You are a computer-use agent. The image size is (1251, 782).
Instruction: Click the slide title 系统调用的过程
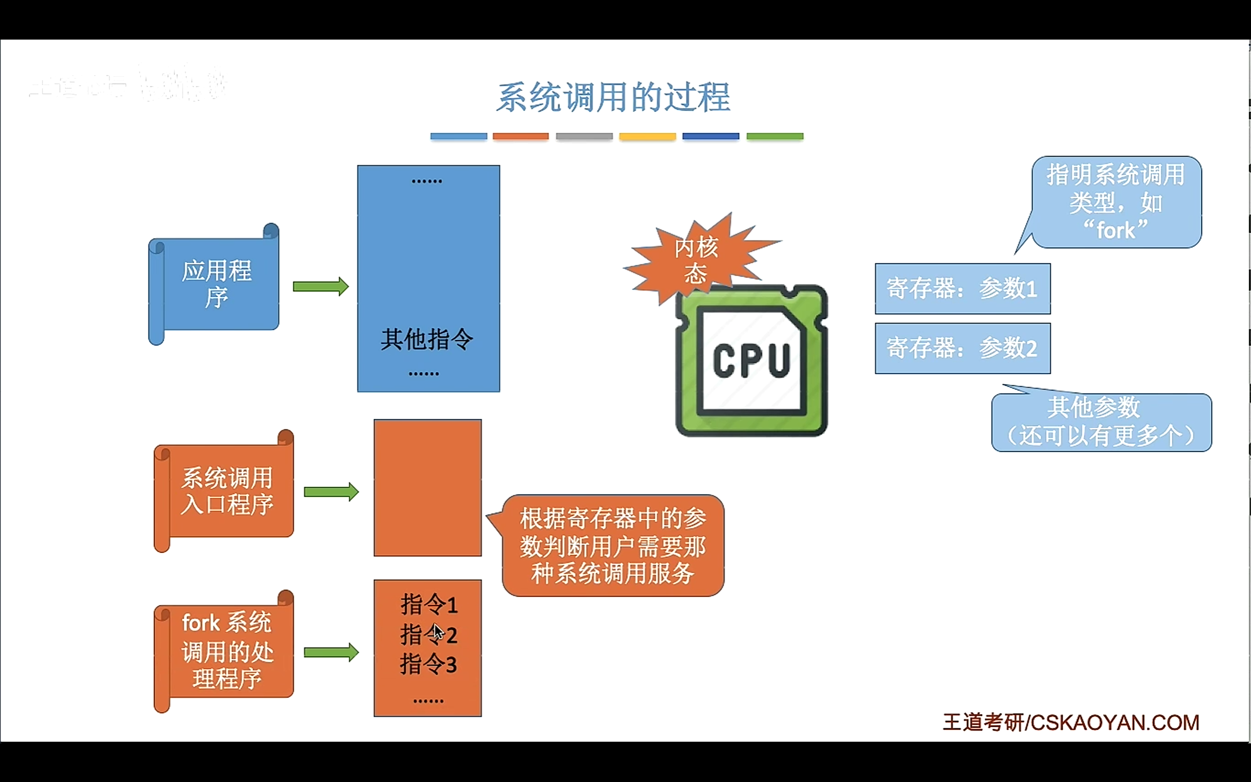click(613, 97)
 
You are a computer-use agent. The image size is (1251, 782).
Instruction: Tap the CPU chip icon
click(751, 361)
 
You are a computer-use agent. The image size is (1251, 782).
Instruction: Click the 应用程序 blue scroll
click(216, 283)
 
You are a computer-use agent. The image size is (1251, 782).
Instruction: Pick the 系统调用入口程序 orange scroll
click(226, 491)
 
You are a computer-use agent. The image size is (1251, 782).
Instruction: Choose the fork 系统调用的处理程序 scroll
click(226, 651)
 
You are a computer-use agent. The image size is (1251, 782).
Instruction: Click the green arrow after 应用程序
click(321, 286)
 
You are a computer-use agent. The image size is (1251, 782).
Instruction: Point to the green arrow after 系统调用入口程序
click(331, 491)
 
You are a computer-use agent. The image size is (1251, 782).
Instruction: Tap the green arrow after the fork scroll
click(331, 652)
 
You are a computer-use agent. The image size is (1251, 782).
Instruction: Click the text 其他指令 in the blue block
click(427, 340)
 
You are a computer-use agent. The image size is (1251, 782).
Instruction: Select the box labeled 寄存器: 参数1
click(962, 288)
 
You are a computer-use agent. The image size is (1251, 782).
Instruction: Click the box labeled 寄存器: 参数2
click(962, 348)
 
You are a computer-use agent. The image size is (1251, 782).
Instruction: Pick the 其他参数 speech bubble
click(1100, 422)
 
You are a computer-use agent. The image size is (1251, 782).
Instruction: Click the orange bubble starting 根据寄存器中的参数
click(613, 545)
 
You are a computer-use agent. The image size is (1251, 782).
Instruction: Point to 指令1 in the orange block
click(429, 605)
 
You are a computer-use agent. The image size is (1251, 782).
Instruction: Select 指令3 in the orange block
click(429, 665)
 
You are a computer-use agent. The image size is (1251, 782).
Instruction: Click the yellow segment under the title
click(647, 136)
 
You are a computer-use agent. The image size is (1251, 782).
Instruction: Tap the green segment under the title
click(775, 136)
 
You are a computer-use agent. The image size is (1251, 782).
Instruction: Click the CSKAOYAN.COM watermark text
click(1115, 722)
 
